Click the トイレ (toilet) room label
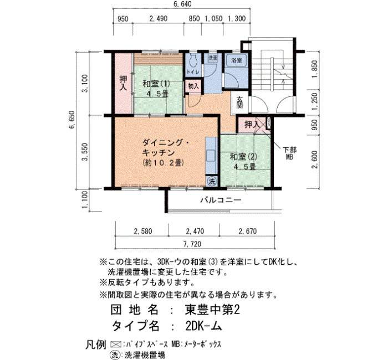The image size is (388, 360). (194, 72)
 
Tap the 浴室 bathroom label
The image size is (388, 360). (237, 60)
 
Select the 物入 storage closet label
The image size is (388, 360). (193, 86)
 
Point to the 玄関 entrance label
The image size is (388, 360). (239, 102)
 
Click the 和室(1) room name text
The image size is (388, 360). (156, 84)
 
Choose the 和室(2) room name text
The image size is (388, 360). (244, 157)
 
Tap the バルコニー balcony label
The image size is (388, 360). (221, 199)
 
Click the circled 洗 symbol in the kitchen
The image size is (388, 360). (212, 182)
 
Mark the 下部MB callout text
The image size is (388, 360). (289, 153)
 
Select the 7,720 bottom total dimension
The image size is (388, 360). (192, 244)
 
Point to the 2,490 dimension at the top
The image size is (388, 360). (159, 18)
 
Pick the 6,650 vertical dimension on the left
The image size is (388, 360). (72, 120)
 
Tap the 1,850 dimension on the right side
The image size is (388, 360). (314, 69)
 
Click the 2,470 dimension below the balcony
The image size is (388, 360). (195, 231)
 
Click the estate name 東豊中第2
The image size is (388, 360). (212, 310)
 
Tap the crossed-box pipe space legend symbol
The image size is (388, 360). (116, 344)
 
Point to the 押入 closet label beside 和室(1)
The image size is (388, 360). (123, 83)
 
